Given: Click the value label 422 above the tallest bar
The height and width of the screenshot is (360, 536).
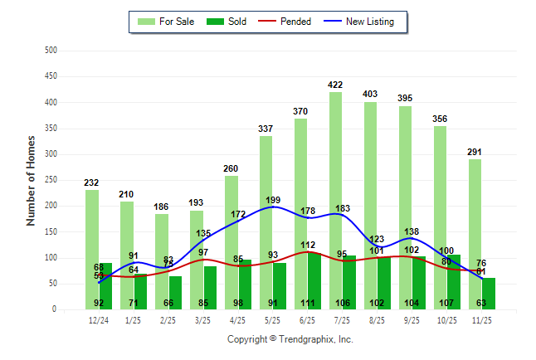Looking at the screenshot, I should [x=335, y=85].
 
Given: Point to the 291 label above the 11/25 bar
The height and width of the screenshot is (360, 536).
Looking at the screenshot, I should [x=475, y=153].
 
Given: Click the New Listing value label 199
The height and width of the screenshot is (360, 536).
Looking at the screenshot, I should [x=272, y=200].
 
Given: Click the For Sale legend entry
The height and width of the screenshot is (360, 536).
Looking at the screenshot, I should [x=174, y=22].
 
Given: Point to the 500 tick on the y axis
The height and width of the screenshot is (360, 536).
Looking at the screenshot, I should [x=51, y=51].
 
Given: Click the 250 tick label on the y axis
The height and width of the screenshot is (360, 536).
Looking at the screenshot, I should [x=51, y=180].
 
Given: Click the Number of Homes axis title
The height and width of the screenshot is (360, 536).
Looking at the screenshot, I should [x=31, y=181].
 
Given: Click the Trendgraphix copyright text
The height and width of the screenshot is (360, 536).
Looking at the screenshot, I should [x=290, y=339].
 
